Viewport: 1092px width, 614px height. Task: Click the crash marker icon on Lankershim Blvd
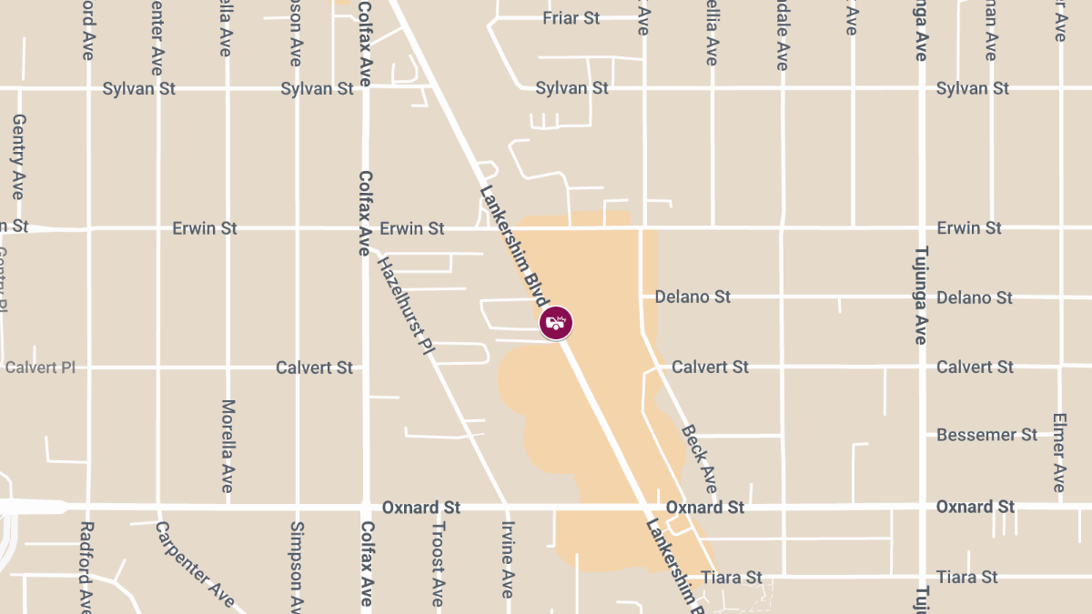556,322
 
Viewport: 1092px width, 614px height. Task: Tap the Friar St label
571,18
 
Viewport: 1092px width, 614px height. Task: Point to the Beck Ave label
699,458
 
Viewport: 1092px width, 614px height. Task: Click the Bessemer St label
986,435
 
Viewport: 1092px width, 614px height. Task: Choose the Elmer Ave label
1058,452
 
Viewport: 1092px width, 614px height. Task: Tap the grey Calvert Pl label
40,367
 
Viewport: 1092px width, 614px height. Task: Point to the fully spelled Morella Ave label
227,446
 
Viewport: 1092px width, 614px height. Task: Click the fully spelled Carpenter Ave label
195,564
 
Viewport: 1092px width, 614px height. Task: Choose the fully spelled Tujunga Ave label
920,295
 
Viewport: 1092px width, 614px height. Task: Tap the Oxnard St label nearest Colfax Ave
421,507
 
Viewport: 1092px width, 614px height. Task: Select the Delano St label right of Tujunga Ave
974,297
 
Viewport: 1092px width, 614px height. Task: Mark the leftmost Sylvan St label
138,88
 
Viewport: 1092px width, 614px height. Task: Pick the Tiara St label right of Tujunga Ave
967,577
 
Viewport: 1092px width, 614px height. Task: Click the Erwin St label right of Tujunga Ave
969,227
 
